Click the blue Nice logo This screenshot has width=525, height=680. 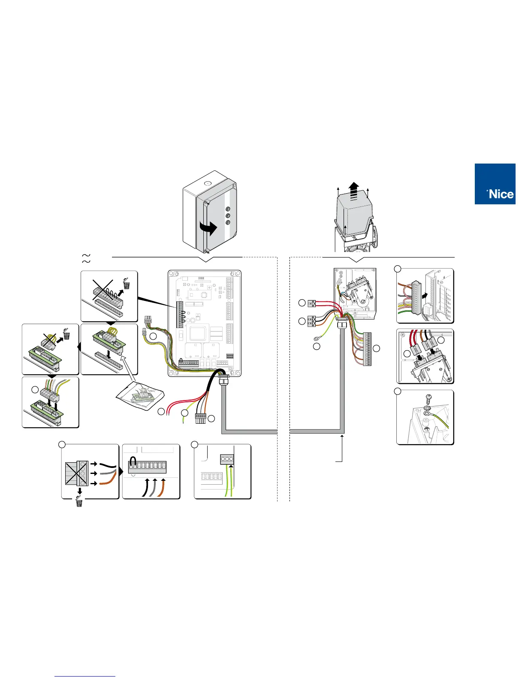click(495, 184)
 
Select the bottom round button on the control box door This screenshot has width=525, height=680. click(228, 222)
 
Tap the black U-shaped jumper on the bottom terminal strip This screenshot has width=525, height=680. click(133, 461)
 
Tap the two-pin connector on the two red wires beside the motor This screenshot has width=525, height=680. click(312, 304)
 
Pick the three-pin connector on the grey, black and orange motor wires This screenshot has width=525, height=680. click(312, 322)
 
